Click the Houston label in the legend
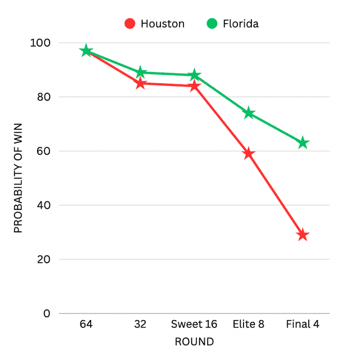click(x=163, y=24)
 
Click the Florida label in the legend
click(x=240, y=24)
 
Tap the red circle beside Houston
click(x=130, y=24)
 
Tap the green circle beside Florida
click(x=211, y=24)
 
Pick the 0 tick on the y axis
click(x=47, y=313)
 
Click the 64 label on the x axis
click(x=86, y=325)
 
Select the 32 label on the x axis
click(x=140, y=325)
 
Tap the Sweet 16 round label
click(x=194, y=325)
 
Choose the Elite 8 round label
click(x=249, y=325)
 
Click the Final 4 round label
click(x=303, y=325)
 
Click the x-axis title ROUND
click(x=194, y=341)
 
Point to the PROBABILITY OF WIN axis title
click(x=18, y=178)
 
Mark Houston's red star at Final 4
click(x=303, y=235)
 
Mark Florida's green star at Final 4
click(x=303, y=143)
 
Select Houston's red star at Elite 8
click(x=249, y=154)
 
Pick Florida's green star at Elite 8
click(x=249, y=113)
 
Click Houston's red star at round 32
click(x=140, y=83)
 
